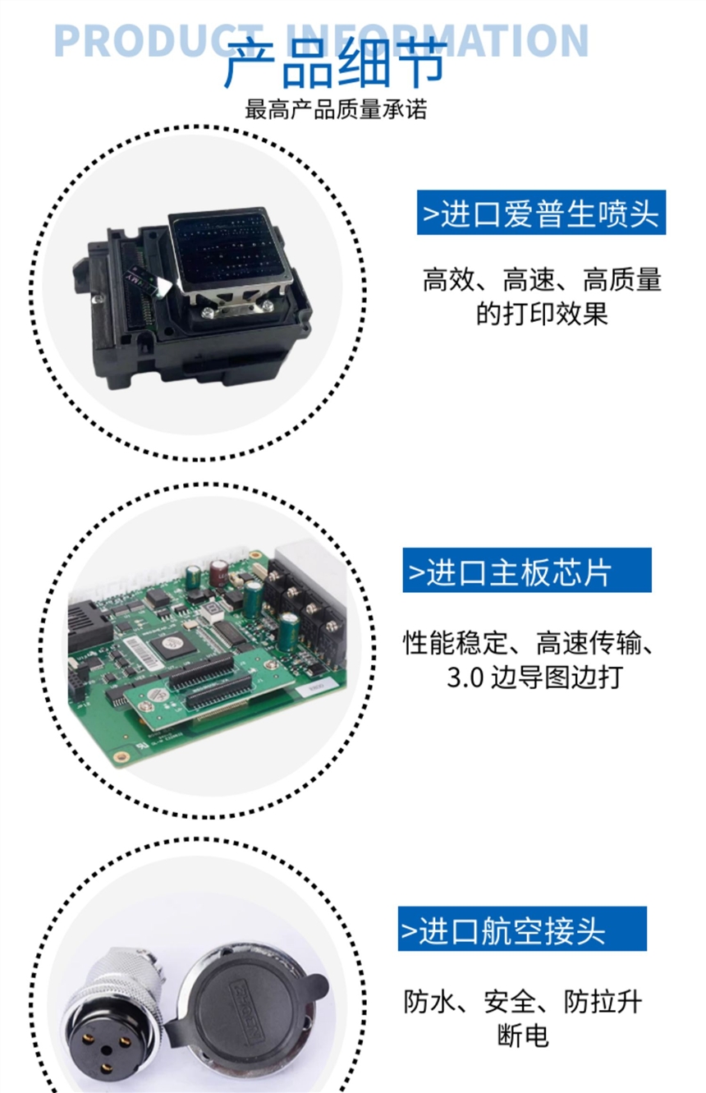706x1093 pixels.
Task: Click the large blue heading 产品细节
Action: tap(336, 63)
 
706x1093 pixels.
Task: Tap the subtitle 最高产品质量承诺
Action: tap(336, 109)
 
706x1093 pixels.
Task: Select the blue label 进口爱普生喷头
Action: tap(541, 213)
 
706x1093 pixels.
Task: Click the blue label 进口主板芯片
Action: tap(527, 570)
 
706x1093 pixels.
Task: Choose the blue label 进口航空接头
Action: tap(522, 929)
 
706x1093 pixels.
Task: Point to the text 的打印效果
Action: tap(542, 313)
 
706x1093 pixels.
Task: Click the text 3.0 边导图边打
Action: tap(534, 677)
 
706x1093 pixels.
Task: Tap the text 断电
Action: tap(523, 1035)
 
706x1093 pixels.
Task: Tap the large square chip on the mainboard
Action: tap(172, 644)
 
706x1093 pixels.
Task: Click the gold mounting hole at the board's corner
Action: tap(121, 756)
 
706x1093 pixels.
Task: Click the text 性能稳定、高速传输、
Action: tap(528, 643)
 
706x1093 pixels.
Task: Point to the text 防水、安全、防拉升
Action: tap(523, 1002)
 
